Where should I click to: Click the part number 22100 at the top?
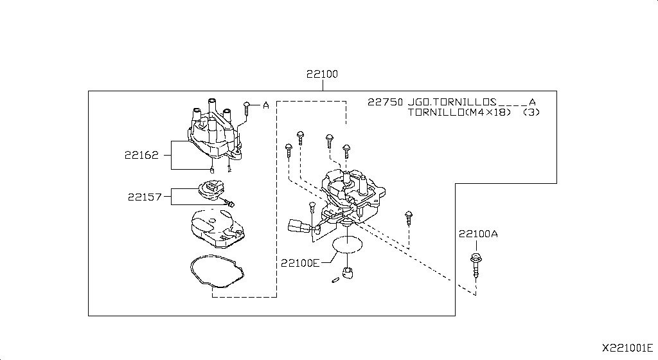[x=322, y=75]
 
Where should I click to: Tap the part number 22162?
[x=141, y=155]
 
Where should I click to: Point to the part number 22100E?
[x=299, y=262]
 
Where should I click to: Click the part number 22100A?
[x=477, y=234]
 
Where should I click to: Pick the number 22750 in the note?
[x=385, y=102]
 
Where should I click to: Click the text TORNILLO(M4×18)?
[x=459, y=112]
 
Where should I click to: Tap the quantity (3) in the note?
[x=531, y=112]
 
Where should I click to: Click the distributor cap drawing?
[x=214, y=132]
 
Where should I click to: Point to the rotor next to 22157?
[x=210, y=191]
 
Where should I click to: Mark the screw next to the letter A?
[x=247, y=106]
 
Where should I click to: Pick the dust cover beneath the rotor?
[x=215, y=229]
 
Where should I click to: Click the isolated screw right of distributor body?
[x=408, y=217]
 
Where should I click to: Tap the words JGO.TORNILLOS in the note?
[x=452, y=102]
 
